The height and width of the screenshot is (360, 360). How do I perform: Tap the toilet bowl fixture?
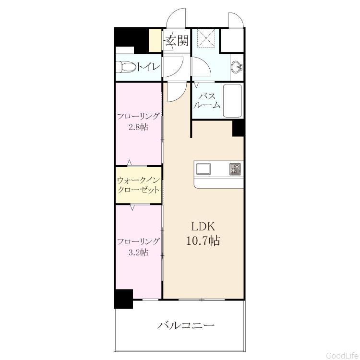pos(126,67)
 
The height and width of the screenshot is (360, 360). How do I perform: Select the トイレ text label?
pos(148,67)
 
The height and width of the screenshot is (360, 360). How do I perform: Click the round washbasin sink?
pos(236,67)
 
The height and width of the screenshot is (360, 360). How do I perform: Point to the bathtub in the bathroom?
pos(232,101)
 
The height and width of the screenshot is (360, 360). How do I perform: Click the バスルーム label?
pos(207,101)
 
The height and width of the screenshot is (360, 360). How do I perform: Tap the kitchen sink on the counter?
pos(203,169)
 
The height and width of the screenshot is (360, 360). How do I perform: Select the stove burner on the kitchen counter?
pos(235,169)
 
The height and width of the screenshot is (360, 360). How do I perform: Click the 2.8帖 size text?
pos(138,127)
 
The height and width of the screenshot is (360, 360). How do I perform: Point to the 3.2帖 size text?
pos(138,252)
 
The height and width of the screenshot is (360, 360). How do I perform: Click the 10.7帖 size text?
pos(203,241)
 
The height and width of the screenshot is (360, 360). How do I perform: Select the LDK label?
pos(204,227)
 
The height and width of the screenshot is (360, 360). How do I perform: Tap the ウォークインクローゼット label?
pos(138,185)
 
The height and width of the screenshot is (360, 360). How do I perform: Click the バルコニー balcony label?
pos(186,325)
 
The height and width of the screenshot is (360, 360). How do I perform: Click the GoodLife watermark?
pos(342,355)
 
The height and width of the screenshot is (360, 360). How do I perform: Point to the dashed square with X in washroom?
pos(206,38)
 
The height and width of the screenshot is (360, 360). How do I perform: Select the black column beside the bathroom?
pos(238,128)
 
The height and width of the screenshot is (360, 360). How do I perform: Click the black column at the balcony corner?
pos(123,299)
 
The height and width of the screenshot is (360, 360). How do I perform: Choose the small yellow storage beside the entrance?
pos(155,40)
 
